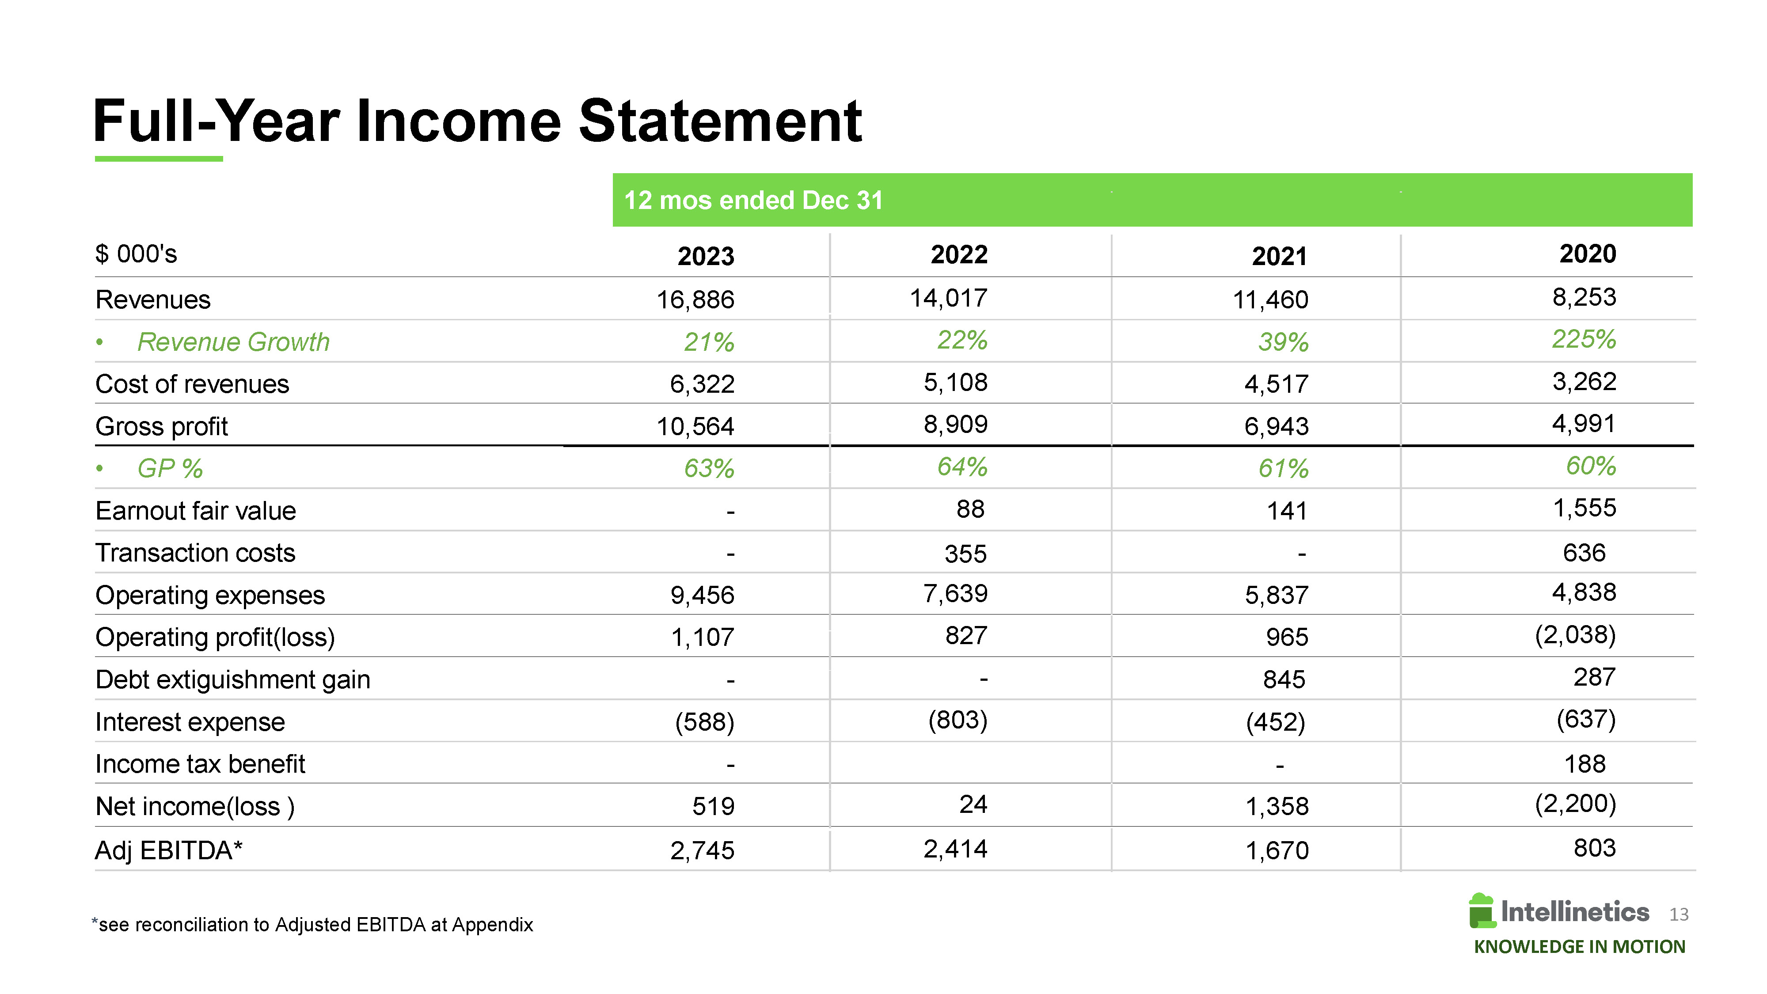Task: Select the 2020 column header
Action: tap(1587, 254)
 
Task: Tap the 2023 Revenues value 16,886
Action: tap(695, 300)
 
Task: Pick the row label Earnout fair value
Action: tap(195, 511)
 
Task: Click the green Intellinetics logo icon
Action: tap(1481, 911)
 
